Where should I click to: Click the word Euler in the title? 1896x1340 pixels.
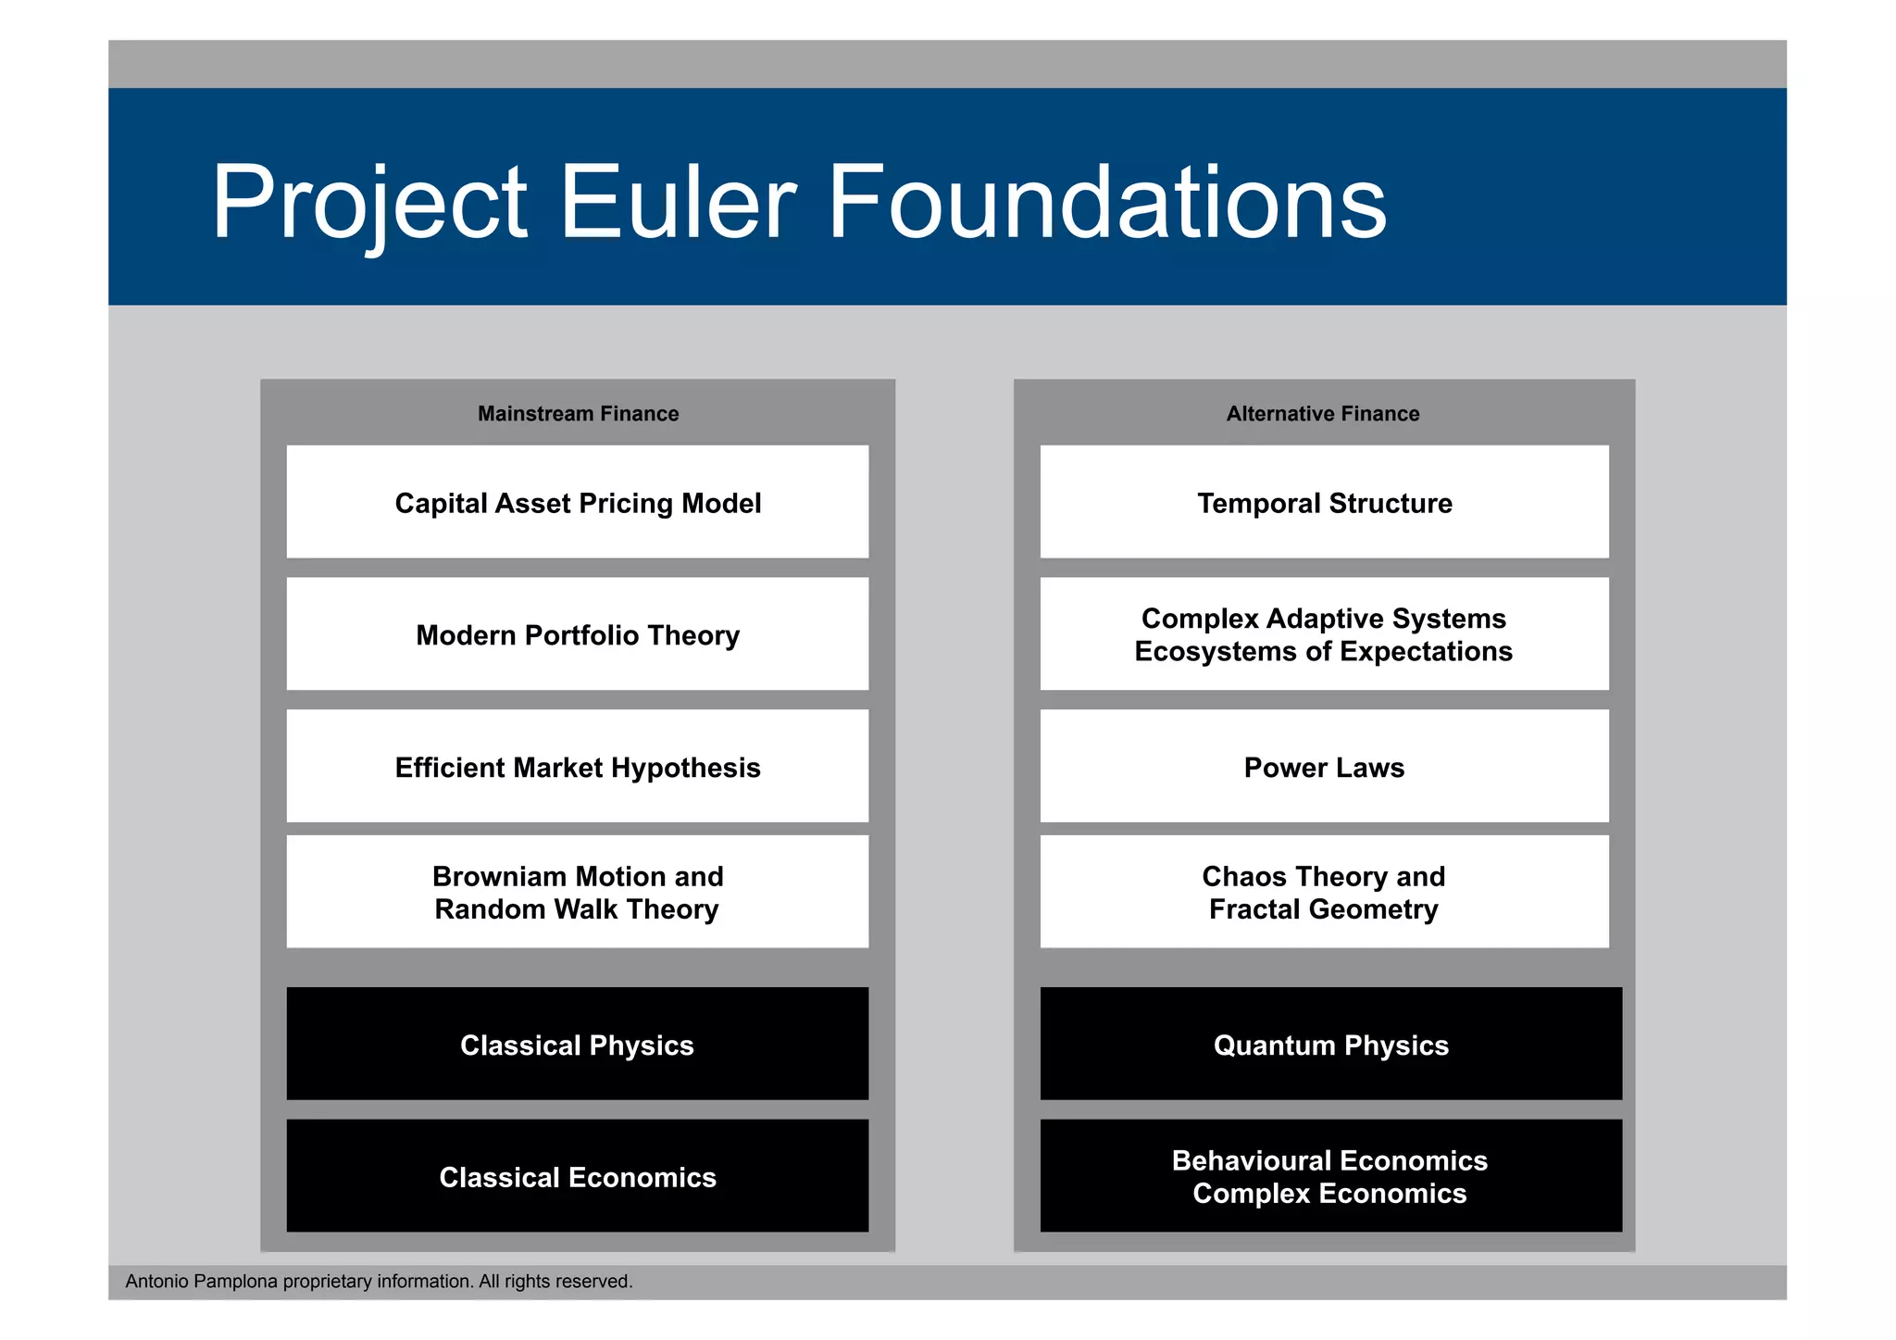[x=677, y=202]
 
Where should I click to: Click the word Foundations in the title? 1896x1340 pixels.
[x=1106, y=202]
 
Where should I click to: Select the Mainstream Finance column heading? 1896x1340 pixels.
[x=578, y=414]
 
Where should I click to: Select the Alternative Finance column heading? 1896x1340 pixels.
[x=1323, y=414]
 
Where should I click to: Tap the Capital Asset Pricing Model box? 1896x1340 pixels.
[x=578, y=503]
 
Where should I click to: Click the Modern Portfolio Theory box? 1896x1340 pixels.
[x=578, y=635]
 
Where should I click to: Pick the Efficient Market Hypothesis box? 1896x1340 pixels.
[x=578, y=768]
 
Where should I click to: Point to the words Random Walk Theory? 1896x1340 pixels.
[x=577, y=909]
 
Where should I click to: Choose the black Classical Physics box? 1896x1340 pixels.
[x=578, y=1045]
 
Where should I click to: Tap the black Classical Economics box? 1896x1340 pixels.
[x=578, y=1177]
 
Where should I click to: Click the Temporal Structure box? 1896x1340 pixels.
[x=1324, y=503]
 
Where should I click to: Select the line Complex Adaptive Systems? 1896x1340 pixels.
[x=1323, y=619]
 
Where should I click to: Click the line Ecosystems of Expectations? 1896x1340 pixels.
[x=1323, y=652]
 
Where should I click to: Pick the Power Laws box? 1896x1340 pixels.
[x=1324, y=768]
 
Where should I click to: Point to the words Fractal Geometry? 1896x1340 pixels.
[x=1323, y=909]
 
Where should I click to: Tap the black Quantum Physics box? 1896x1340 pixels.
[x=1330, y=1045]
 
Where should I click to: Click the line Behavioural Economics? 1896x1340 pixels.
[x=1329, y=1160]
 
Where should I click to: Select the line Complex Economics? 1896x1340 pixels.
[x=1329, y=1194]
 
